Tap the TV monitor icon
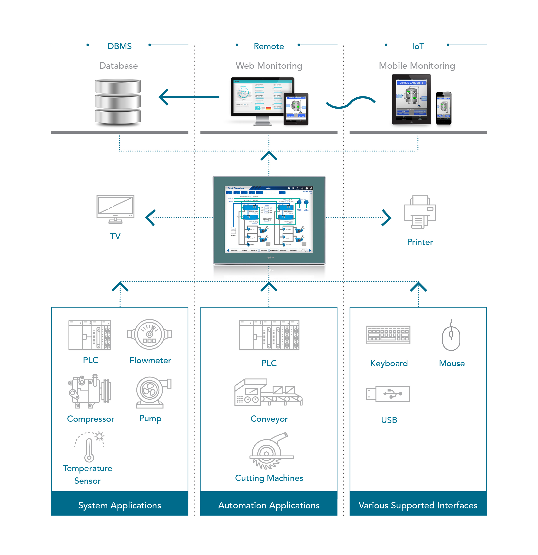(115, 209)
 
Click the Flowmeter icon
(150, 334)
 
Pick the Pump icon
(152, 392)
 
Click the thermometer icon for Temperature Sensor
(89, 447)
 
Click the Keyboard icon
(388, 335)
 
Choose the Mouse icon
(451, 335)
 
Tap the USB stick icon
(388, 394)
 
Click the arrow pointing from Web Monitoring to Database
(188, 97)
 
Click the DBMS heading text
(119, 46)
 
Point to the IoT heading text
(418, 46)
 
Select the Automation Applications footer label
(269, 505)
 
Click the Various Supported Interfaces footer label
(418, 505)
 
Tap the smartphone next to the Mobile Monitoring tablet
(443, 108)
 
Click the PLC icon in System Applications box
(90, 335)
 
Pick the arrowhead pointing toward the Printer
(386, 218)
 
